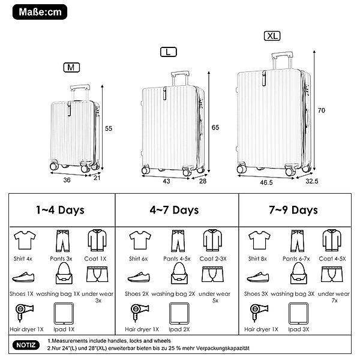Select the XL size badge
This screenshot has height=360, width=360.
[x=272, y=36]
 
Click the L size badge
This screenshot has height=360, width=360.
[x=169, y=52]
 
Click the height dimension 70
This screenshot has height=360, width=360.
[x=321, y=110]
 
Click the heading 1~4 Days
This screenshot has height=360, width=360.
[x=60, y=210]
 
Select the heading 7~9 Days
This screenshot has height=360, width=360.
[x=294, y=210]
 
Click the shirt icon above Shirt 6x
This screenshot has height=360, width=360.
[x=139, y=240]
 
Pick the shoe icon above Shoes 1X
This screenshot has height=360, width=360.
[x=22, y=278]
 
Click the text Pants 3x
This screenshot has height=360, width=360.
[x=62, y=258]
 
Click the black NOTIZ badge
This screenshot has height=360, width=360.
[x=25, y=346]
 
